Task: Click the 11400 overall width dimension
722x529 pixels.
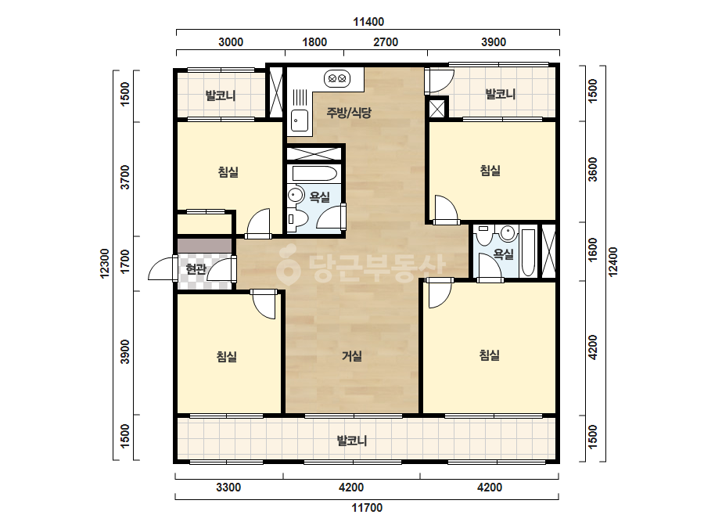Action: (x=368, y=22)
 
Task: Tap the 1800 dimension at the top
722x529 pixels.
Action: (x=314, y=42)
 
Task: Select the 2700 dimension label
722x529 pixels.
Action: (x=386, y=42)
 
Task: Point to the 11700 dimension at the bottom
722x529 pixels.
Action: (x=367, y=508)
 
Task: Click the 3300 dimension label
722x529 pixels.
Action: (x=228, y=488)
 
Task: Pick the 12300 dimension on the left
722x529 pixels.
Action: (x=105, y=264)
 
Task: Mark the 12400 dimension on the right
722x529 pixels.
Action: (x=612, y=261)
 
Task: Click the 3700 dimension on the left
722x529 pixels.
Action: (x=125, y=177)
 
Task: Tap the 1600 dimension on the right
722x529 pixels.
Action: (x=593, y=250)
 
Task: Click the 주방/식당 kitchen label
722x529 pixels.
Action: (x=349, y=113)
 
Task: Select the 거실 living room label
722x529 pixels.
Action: (x=352, y=356)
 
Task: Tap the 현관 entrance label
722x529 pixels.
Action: (x=196, y=268)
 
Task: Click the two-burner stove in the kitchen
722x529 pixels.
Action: (x=337, y=78)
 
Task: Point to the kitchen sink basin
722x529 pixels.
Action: (x=300, y=121)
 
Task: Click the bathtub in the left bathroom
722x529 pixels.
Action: (x=315, y=174)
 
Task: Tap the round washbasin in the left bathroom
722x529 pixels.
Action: (x=295, y=193)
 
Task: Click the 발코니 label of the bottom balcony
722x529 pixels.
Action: (x=352, y=441)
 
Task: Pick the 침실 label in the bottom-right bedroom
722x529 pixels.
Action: (x=490, y=354)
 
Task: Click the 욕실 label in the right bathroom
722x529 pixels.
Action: (x=503, y=254)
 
